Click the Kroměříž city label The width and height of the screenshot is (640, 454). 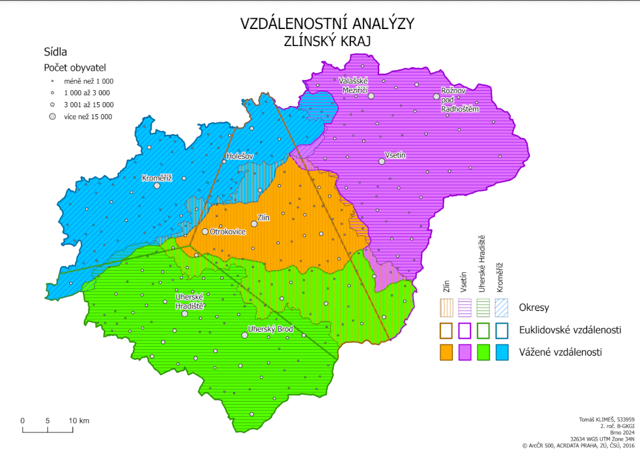pos(157,177)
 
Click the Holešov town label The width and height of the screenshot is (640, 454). pos(239,155)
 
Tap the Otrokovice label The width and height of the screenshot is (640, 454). pos(227,231)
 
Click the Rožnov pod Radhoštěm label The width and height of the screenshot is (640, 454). pos(462,100)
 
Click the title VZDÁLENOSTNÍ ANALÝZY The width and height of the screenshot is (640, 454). pos(327,24)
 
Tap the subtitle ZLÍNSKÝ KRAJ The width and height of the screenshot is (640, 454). pos(327,41)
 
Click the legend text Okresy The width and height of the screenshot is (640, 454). pos(534,308)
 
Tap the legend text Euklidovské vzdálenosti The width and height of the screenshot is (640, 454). pos(570,330)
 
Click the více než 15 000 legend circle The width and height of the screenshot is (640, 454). pos(52,117)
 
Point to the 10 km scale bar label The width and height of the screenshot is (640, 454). pos(79,421)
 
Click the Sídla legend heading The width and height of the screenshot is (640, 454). pos(55,52)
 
